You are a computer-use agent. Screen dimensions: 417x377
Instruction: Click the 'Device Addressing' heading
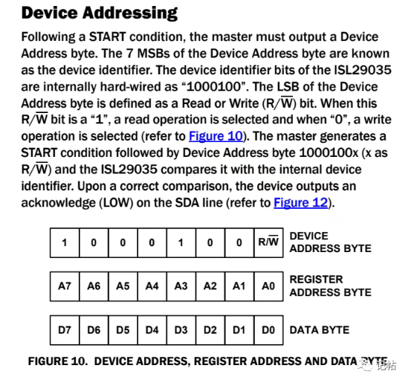click(99, 13)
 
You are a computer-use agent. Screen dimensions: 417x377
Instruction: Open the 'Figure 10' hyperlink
click(216, 136)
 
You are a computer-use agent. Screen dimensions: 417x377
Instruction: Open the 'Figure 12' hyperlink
click(301, 202)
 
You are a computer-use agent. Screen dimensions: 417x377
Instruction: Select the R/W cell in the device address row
click(268, 242)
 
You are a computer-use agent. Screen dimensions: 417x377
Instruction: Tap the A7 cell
click(65, 286)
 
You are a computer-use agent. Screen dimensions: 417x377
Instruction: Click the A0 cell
click(268, 286)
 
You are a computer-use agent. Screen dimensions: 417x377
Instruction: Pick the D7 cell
click(65, 330)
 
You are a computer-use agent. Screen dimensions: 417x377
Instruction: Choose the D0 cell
click(268, 330)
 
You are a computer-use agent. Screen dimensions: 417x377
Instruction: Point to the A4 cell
click(152, 286)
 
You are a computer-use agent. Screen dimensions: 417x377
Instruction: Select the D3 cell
click(181, 330)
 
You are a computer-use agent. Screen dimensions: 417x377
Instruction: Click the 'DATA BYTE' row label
click(320, 330)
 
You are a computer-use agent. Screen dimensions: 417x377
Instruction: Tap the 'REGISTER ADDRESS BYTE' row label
click(330, 286)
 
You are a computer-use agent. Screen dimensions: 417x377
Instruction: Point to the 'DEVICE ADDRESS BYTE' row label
click(330, 242)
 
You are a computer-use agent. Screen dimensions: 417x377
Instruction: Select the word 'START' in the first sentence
click(107, 36)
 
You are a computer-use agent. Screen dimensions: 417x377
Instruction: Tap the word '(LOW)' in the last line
click(116, 203)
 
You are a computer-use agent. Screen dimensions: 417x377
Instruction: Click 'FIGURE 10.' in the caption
click(58, 361)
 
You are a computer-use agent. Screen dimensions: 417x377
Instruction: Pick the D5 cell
click(123, 330)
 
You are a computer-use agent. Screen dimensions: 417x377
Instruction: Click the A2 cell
click(210, 286)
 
